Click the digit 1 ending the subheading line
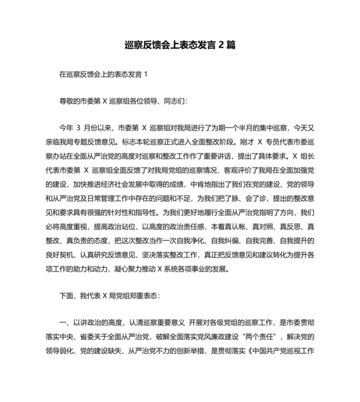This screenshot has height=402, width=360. [x=147, y=74]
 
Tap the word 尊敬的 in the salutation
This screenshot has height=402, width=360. [x=69, y=101]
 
